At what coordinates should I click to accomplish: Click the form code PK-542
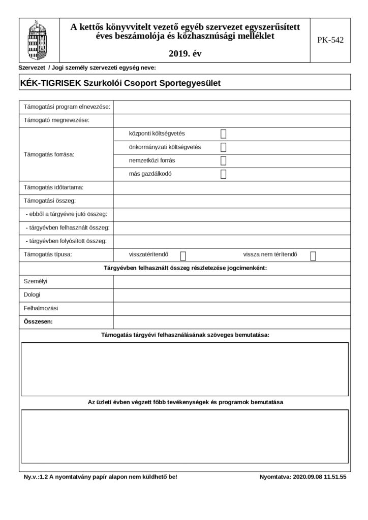[x=330, y=40]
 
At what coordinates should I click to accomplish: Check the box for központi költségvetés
[x=223, y=134]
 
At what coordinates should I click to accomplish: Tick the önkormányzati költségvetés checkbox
[x=223, y=147]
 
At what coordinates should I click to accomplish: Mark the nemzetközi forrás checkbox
[x=223, y=161]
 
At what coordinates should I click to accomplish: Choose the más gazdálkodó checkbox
[x=223, y=174]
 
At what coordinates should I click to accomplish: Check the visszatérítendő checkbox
[x=183, y=255]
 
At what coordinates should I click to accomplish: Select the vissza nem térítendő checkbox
[x=313, y=255]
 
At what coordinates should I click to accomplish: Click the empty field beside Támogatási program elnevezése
[x=231, y=107]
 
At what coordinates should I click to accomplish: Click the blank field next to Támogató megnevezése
[x=231, y=120]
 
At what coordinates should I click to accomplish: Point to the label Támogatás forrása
[x=49, y=154]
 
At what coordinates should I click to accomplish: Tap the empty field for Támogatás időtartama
[x=231, y=188]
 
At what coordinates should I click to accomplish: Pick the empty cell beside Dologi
[x=231, y=295]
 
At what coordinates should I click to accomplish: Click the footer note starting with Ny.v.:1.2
[x=101, y=477]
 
